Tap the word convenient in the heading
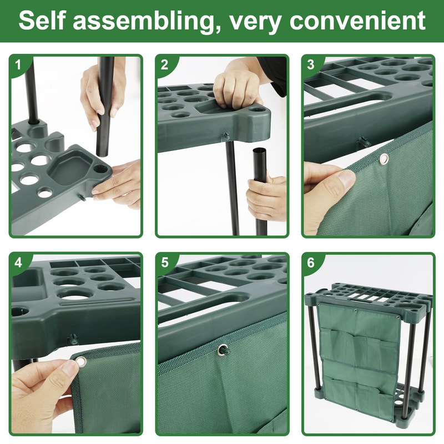pos(358,21)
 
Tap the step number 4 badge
pos(18,262)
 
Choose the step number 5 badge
pos(164,262)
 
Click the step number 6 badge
pos(310,262)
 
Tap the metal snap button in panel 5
pos(223,349)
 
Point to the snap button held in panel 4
pos(81,362)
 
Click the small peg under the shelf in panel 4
pos(72,339)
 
